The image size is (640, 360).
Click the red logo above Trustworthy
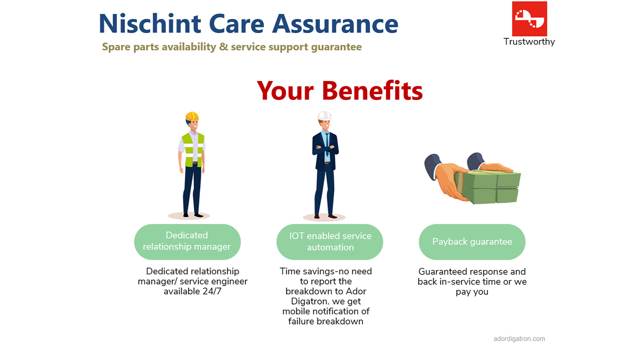pyautogui.click(x=529, y=19)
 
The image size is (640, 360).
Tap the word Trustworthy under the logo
pyautogui.click(x=529, y=42)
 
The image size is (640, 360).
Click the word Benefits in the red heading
pyautogui.click(x=372, y=90)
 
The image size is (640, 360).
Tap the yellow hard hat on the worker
pyautogui.click(x=192, y=116)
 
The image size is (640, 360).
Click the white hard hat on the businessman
pyautogui.click(x=324, y=116)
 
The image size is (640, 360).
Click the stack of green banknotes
pyautogui.click(x=489, y=187)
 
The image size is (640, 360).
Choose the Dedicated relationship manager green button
pyautogui.click(x=187, y=241)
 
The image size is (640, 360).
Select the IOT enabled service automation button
pyautogui.click(x=330, y=241)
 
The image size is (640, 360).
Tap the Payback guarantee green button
pyautogui.click(x=472, y=241)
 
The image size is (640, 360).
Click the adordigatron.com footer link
pyautogui.click(x=519, y=339)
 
